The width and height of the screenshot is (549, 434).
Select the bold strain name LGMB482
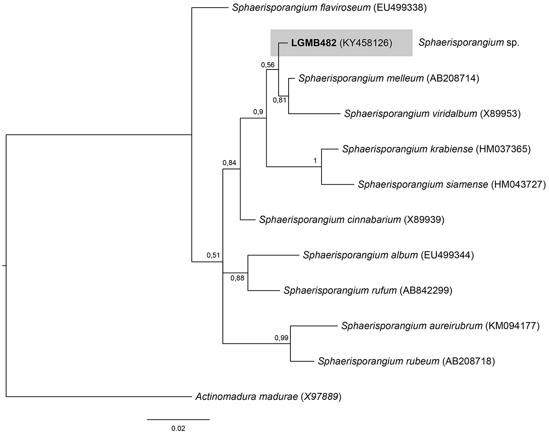coord(313,43)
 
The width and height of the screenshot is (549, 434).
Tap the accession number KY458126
coord(365,43)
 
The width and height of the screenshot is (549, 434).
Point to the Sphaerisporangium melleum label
coord(361,79)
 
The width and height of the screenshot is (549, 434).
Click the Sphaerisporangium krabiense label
coord(407,149)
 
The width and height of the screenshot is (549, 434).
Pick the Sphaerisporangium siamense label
coord(423,185)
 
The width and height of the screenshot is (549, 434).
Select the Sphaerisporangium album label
coord(360,255)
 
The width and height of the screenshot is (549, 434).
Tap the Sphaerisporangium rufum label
coord(340,290)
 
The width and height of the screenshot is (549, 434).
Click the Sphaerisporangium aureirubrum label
coord(411,326)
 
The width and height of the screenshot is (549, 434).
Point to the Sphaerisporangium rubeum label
coord(378,361)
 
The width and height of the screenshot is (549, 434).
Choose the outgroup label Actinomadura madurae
coord(246,396)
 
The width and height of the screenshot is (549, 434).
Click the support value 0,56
coord(268,65)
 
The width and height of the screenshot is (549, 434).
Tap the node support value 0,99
coord(281,338)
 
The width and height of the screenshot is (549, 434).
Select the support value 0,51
coord(213,255)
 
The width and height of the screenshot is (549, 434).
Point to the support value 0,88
coord(237,278)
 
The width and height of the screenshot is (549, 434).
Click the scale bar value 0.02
coord(178,428)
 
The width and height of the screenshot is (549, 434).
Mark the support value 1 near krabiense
coord(315,161)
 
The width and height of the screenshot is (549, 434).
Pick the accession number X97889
coord(320,396)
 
